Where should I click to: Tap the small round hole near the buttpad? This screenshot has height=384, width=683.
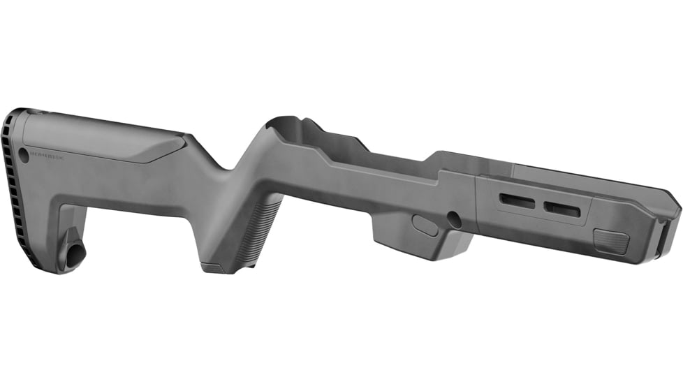24,153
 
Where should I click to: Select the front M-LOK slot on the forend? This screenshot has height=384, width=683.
562,208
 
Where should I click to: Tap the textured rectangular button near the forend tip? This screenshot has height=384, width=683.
611,242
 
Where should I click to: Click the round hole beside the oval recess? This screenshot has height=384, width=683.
454,219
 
